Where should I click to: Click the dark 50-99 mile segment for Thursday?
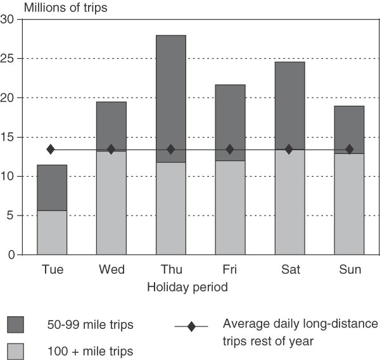171,99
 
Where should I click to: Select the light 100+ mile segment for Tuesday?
52,233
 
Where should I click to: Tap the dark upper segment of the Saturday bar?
290,105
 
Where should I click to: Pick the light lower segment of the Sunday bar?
349,204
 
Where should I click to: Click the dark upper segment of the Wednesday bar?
111,126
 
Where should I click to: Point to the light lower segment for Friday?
231,208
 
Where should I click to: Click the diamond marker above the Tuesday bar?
51,150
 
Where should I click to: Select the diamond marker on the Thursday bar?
171,150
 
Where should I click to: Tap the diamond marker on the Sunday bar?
350,150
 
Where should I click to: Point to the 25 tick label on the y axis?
7,59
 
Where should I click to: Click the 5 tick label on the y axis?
10,215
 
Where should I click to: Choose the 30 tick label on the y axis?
7,19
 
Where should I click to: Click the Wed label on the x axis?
111,269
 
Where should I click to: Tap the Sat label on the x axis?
291,269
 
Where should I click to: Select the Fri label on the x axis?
229,269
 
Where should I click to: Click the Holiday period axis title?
187,288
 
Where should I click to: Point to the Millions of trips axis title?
65,8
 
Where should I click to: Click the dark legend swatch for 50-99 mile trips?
15,325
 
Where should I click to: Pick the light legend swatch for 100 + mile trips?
15,351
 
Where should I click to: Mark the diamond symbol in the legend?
191,326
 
